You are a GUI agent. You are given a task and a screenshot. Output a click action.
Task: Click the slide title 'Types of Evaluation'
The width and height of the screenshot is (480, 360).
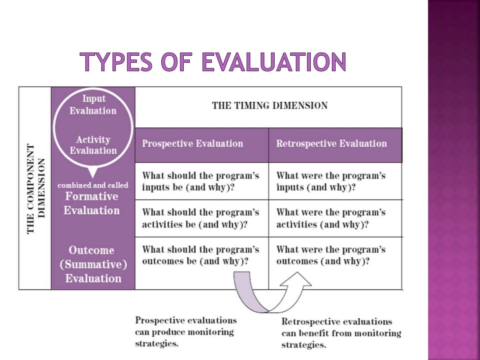(213, 62)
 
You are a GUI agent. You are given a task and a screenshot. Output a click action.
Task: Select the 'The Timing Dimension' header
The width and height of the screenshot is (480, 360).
(270, 105)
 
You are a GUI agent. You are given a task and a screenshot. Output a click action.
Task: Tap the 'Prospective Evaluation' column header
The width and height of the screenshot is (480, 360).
(193, 144)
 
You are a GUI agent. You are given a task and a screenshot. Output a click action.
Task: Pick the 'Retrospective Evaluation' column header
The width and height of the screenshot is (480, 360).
(331, 144)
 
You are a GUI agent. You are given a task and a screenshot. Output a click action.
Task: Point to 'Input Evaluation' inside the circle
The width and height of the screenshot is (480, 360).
(93, 105)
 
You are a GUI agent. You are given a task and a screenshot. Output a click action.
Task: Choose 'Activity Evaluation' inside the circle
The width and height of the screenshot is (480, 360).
(93, 145)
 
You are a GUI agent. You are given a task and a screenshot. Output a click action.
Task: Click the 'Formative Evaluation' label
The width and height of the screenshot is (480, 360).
(92, 203)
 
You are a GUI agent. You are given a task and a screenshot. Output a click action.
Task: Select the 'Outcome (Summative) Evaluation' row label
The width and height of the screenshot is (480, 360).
(93, 264)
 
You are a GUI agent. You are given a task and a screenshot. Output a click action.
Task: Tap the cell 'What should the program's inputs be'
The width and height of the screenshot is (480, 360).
(201, 181)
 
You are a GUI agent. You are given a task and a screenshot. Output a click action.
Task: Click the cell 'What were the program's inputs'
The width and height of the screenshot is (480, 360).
(331, 181)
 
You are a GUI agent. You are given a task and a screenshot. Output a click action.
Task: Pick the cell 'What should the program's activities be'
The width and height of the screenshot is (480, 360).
(201, 218)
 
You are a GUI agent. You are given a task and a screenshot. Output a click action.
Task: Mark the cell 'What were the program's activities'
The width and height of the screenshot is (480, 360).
(331, 218)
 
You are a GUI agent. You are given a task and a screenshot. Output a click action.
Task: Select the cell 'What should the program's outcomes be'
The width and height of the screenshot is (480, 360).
(201, 255)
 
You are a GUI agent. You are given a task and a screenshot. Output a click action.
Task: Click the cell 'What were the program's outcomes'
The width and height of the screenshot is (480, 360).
(331, 255)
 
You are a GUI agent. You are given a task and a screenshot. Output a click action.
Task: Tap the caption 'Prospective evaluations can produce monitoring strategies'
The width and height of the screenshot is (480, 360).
(186, 332)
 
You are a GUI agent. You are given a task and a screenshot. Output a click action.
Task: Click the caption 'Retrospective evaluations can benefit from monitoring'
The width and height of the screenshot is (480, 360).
(341, 333)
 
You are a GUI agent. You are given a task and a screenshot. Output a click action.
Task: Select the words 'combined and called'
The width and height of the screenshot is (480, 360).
(93, 186)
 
